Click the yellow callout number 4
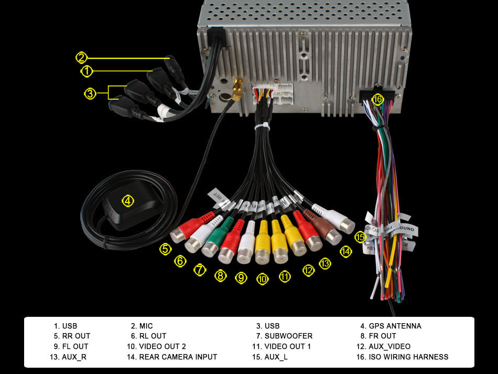point(128,200)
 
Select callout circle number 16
point(377,99)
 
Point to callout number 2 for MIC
point(81,57)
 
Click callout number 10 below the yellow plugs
point(263,280)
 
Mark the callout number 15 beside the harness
point(360,237)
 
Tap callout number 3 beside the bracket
point(90,93)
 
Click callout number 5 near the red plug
point(166,249)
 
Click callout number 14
point(345,252)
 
